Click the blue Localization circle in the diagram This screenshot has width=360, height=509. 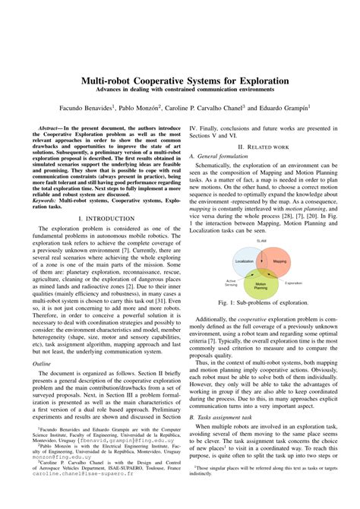click(245, 261)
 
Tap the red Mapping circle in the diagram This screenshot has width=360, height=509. click(279, 261)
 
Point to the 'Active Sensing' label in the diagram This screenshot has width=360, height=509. click(232, 283)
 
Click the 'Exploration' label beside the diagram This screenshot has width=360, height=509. click(293, 283)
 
